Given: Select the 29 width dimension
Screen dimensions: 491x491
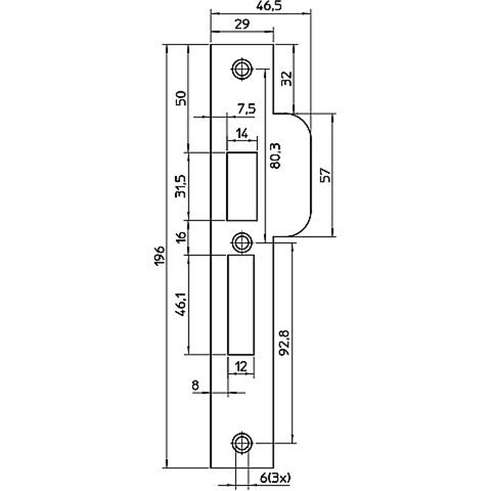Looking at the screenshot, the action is [x=242, y=24].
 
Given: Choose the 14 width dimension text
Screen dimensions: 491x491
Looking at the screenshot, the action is [x=242, y=134].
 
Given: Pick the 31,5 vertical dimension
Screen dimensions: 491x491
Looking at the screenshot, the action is [x=181, y=186].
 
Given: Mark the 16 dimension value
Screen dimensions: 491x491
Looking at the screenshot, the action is [x=181, y=238].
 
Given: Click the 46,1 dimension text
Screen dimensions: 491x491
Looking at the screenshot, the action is [x=181, y=304].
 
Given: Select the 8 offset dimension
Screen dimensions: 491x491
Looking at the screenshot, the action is [x=195, y=385].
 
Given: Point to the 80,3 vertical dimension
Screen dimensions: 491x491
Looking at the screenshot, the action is [x=275, y=156].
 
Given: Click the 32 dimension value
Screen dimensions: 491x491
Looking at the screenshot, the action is [x=287, y=79].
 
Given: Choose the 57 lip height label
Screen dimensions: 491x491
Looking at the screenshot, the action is [x=326, y=175].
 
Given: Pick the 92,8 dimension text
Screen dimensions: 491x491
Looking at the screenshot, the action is [x=284, y=343].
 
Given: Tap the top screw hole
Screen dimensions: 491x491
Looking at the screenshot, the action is [x=242, y=69].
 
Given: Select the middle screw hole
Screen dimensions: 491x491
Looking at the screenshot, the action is [x=242, y=243].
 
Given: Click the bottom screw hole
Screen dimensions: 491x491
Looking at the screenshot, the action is [x=242, y=443].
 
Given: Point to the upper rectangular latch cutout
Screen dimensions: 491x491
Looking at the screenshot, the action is [x=242, y=186].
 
